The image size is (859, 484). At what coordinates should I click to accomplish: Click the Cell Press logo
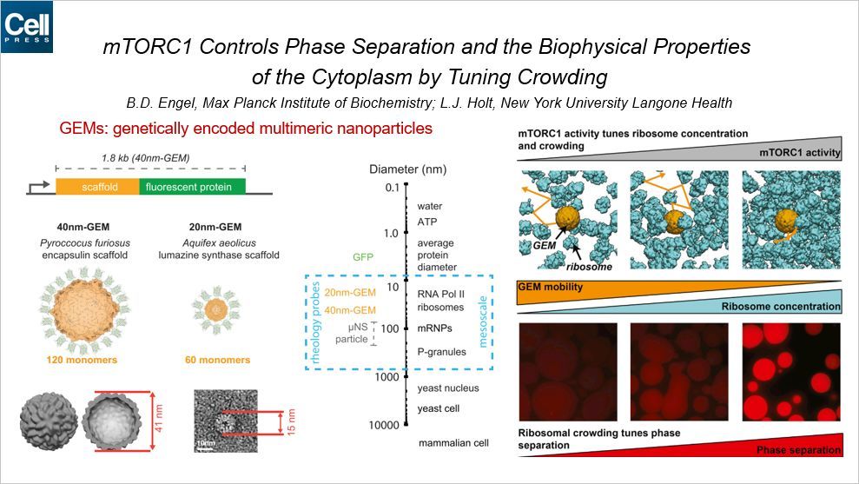point(27,27)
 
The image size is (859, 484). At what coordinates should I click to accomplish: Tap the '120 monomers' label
point(82,360)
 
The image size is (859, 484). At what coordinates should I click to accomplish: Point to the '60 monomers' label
point(217,360)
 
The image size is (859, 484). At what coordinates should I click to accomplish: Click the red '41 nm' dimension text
point(159,418)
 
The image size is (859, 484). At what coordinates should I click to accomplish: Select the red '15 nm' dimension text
point(292,421)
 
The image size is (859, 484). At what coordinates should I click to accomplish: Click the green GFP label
point(363,256)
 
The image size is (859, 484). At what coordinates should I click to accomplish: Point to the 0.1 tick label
point(393,188)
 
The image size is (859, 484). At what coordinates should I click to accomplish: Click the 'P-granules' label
point(441,352)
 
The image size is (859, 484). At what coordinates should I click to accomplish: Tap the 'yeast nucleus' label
point(448,388)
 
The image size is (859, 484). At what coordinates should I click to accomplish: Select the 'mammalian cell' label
point(453,443)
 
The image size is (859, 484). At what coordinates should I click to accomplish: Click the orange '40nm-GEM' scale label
point(350,310)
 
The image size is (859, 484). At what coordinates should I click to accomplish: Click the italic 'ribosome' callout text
point(590,267)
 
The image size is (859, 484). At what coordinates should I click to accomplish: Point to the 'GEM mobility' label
point(551,287)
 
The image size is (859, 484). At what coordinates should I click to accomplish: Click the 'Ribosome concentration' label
point(781,307)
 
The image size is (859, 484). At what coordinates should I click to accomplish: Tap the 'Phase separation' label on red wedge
point(798,450)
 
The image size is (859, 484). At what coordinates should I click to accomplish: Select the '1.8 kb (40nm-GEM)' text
point(146,158)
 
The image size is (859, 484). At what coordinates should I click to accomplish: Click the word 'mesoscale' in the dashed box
point(483,322)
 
